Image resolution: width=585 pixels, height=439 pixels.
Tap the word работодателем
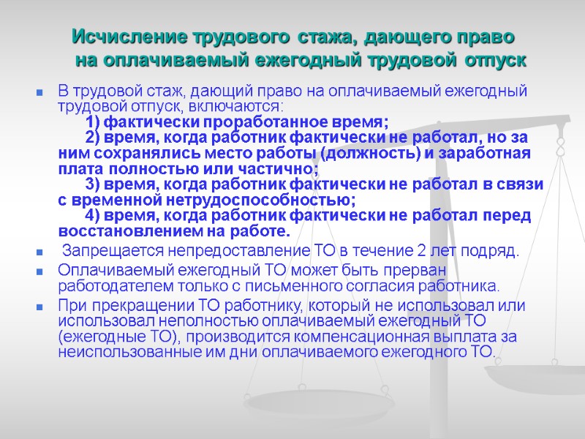[113, 285]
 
